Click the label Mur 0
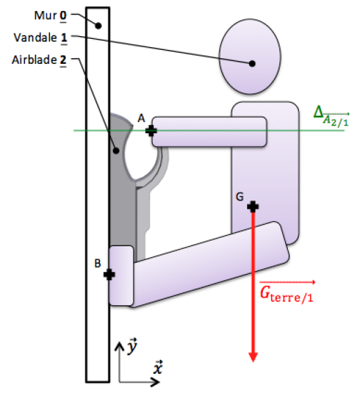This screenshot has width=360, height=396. click(50, 16)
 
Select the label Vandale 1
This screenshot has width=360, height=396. click(40, 38)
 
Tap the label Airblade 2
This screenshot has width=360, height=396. click(39, 60)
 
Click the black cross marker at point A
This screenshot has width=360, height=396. click(151, 131)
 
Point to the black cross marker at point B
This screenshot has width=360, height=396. click(110, 274)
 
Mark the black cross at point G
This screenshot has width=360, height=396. click(253, 207)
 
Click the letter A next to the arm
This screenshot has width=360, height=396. click(142, 118)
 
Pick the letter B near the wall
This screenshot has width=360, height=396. click(98, 264)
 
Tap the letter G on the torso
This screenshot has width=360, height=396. click(240, 197)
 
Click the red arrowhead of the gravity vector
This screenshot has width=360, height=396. click(253, 357)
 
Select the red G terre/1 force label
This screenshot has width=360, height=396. click(287, 292)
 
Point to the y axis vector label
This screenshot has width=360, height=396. click(132, 346)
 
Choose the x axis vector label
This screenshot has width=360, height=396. click(158, 368)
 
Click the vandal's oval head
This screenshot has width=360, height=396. click(250, 57)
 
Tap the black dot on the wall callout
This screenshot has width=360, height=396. click(98, 26)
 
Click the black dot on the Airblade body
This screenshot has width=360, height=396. click(116, 150)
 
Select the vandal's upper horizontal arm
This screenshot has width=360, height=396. click(209, 132)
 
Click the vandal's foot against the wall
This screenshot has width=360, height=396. click(121, 275)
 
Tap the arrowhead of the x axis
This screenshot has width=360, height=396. click(155, 381)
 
